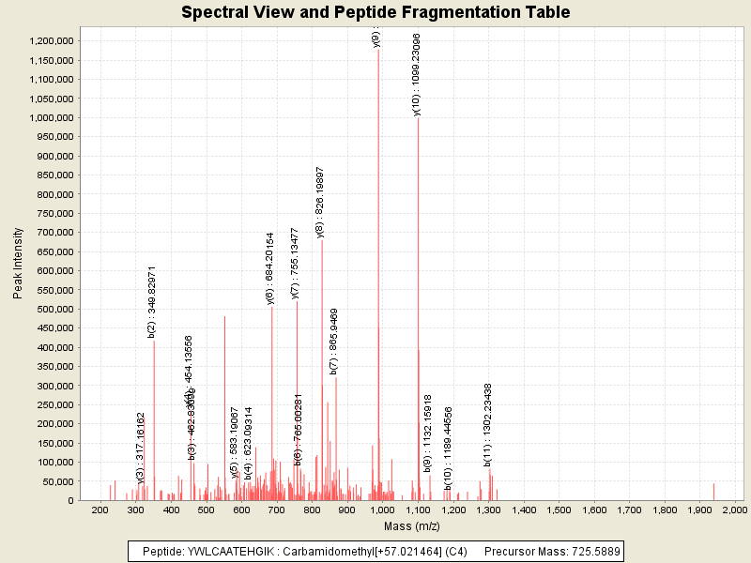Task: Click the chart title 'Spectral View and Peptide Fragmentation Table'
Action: coord(375,12)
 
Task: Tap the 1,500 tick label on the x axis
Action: coord(559,510)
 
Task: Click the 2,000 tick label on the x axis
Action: coord(734,510)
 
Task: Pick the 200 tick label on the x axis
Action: coord(100,510)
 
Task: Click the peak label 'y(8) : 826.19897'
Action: coord(320,202)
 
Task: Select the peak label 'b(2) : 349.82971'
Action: coord(152,301)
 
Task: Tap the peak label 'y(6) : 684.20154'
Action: coord(270,268)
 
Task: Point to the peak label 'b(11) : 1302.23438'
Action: coord(488,425)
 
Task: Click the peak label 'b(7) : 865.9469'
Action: coord(334,342)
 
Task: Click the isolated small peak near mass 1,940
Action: coord(713,492)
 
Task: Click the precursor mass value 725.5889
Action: coord(592,551)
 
